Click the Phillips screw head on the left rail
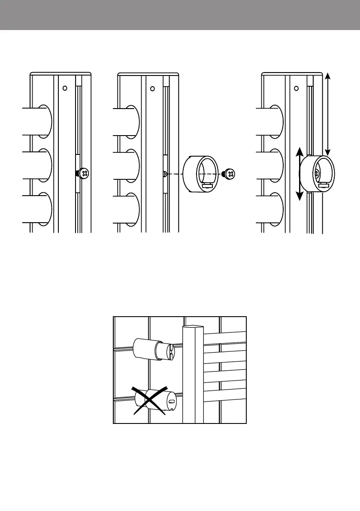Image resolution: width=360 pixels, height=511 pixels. pos(85,174)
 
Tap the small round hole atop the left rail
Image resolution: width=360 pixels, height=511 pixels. pos(64,88)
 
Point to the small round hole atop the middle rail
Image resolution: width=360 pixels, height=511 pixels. pos(152,89)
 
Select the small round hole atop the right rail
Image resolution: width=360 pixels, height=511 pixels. pos(296,89)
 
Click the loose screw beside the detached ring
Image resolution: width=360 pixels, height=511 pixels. pos(230,174)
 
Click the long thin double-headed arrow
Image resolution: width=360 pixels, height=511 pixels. pos(328,114)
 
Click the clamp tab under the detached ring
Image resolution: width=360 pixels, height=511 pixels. pos(208,186)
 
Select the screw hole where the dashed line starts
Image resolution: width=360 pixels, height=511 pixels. pos(165,174)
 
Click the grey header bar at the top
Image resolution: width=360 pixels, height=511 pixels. pos(180,15)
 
